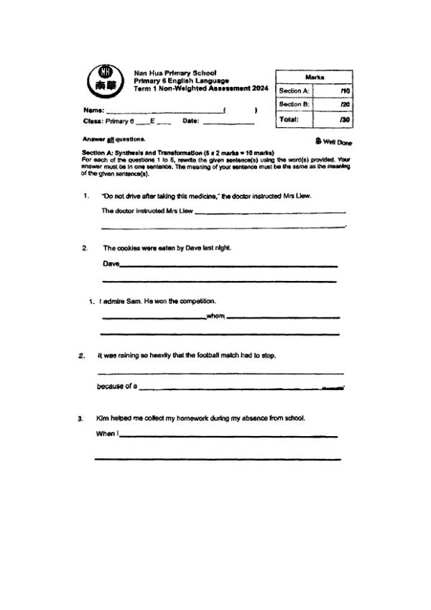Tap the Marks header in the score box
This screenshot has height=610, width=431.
point(314,77)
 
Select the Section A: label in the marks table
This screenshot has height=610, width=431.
point(294,91)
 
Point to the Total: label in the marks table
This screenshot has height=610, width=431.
point(289,119)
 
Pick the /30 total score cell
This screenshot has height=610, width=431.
point(345,119)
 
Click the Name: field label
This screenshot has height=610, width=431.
point(94,111)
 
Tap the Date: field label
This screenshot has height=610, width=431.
point(190,121)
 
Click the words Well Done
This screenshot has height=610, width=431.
point(338,142)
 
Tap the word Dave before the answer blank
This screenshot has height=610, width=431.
point(111,264)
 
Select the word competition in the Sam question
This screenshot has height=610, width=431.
point(196,301)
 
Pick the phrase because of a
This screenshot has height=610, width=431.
point(116,387)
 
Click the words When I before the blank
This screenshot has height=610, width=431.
point(107,434)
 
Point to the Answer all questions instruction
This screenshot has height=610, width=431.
point(114,139)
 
